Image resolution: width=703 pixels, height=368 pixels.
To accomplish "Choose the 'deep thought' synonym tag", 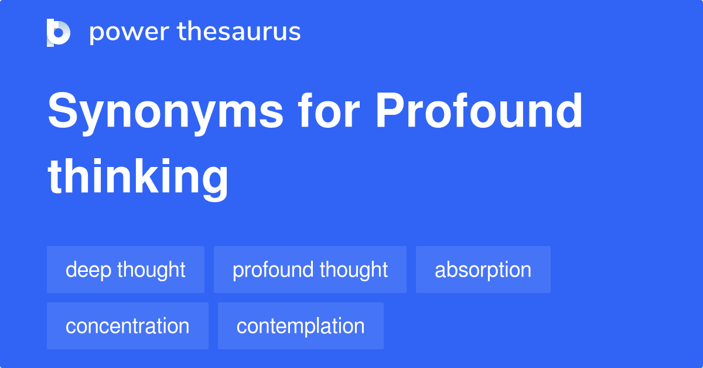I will click(x=125, y=270).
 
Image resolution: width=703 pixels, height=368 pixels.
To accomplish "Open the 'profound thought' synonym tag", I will click(x=310, y=270).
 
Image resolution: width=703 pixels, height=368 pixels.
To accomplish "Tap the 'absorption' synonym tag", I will click(x=483, y=270).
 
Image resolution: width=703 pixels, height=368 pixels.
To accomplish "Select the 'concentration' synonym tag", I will click(x=127, y=326).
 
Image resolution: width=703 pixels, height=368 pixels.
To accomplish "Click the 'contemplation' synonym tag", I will click(x=301, y=326).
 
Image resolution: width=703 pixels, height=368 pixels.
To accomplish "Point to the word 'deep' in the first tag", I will click(x=88, y=270).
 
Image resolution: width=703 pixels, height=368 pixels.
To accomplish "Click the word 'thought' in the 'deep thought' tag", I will click(x=151, y=270).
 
